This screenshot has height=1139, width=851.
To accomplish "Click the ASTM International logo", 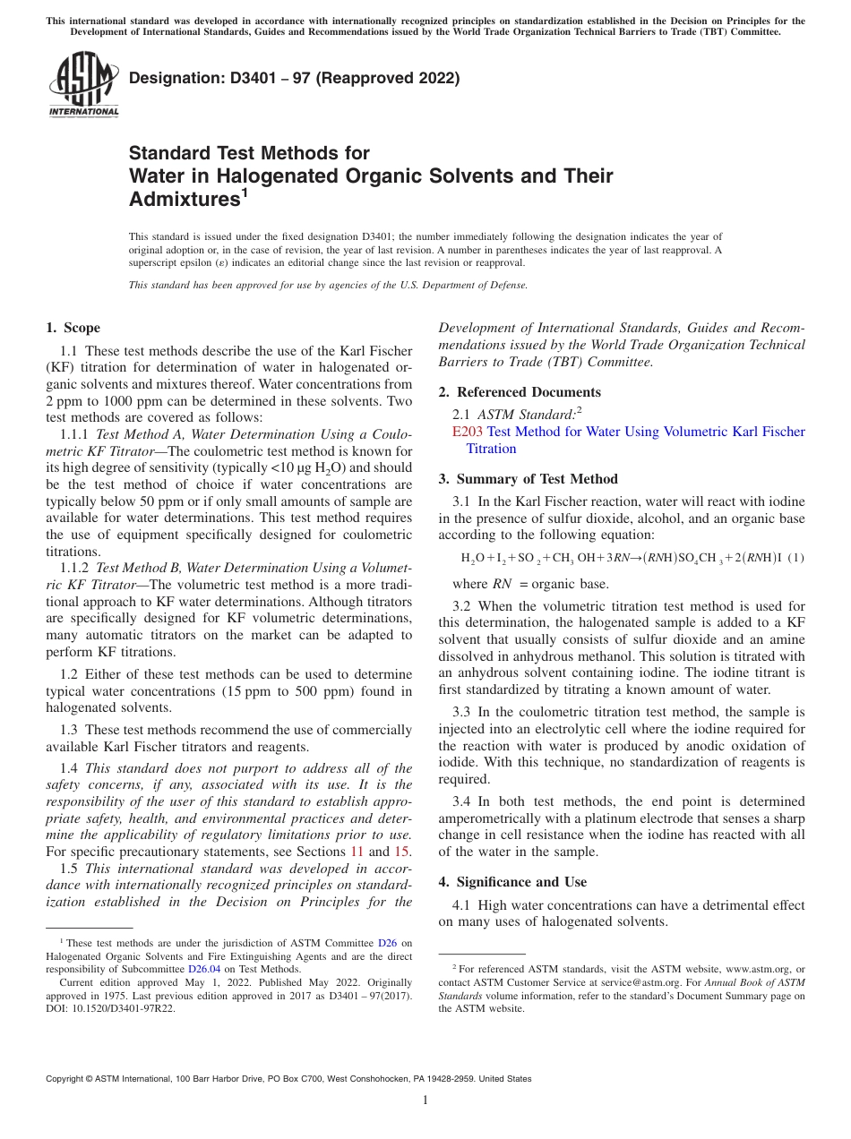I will click(x=83, y=86).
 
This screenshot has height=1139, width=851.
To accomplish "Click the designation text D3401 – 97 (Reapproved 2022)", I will click(x=295, y=78).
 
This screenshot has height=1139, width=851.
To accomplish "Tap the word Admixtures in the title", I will click(x=184, y=200).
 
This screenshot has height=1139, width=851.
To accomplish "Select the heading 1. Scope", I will click(x=73, y=328).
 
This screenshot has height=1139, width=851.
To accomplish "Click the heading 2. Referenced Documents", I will click(x=520, y=392).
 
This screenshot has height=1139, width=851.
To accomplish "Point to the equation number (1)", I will click(x=796, y=558).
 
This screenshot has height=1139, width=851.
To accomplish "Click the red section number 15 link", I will click(x=402, y=852).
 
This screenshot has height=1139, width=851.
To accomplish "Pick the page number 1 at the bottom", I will click(x=425, y=1100).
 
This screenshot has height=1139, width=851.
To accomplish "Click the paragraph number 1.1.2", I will click(x=75, y=568).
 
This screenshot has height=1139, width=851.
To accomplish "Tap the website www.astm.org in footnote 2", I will click(x=759, y=969).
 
